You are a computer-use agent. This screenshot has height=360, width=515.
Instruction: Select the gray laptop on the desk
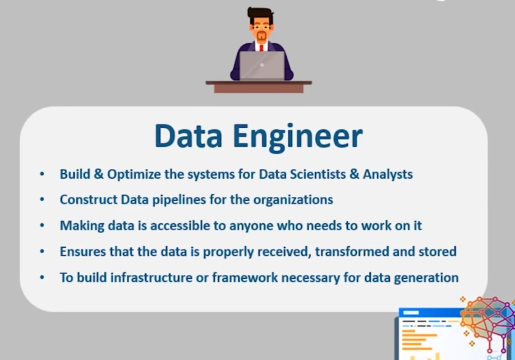click(x=262, y=65)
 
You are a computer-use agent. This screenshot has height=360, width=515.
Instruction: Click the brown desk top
click(x=259, y=83)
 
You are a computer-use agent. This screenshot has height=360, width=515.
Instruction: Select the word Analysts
click(x=388, y=174)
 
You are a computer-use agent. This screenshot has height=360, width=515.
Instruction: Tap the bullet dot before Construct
click(x=42, y=199)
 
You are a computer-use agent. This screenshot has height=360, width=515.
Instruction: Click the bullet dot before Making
click(x=42, y=225)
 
